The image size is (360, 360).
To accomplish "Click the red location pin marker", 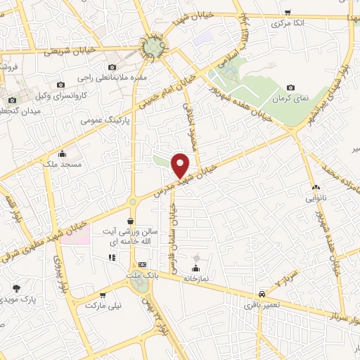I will tap(181, 165).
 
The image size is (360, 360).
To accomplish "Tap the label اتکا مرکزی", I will tap(289, 23).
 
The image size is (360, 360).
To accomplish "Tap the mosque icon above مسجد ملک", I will tap(63, 154).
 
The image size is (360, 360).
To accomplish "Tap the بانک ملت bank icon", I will tap(143, 265).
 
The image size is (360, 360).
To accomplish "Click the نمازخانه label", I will tap(195, 278).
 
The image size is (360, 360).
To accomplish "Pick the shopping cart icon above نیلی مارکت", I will tap(103, 295).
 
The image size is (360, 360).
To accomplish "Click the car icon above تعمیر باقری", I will tap(261, 293).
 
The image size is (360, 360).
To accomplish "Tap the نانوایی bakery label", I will tap(316, 199).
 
